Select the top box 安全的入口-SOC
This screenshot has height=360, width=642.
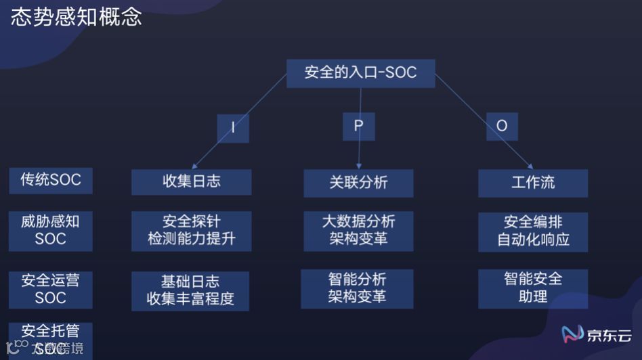click(x=360, y=73)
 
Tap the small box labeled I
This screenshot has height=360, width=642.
click(x=233, y=127)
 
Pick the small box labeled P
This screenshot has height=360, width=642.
click(x=359, y=127)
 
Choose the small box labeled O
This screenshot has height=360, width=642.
click(x=501, y=126)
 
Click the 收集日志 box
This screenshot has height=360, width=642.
click(x=191, y=181)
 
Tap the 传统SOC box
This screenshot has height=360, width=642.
click(x=51, y=180)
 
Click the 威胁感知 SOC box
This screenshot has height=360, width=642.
click(x=51, y=230)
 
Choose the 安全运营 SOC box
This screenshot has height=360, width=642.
click(x=51, y=289)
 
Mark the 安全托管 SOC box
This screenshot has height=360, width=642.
click(x=51, y=338)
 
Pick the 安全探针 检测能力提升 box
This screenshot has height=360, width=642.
click(x=191, y=231)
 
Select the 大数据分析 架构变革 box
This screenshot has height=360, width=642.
click(x=358, y=230)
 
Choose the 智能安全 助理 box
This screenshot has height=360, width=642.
click(x=533, y=288)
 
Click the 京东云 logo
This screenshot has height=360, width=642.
click(x=597, y=334)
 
